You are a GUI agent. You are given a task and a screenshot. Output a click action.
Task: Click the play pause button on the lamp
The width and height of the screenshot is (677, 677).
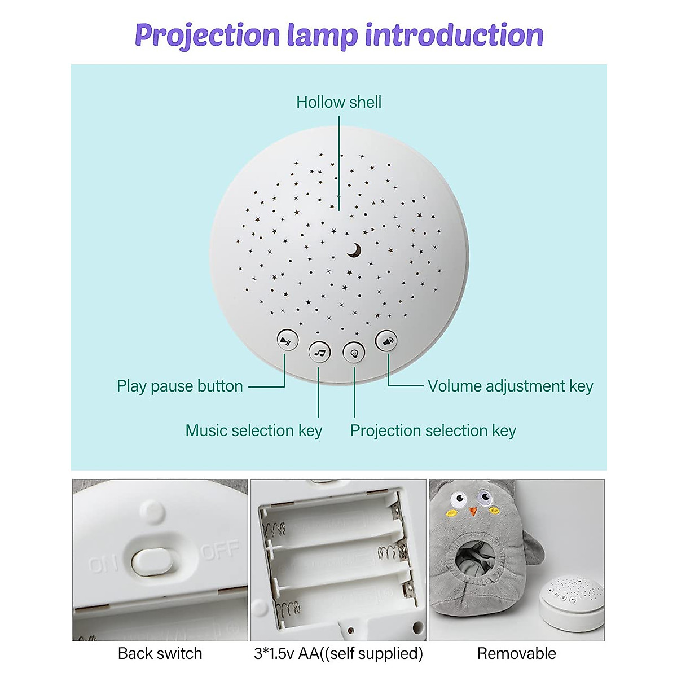tap(288, 340)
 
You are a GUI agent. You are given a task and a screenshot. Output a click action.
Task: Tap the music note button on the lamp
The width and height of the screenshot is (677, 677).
tap(320, 353)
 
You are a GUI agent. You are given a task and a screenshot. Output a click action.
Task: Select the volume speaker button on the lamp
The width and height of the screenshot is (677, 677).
tap(386, 341)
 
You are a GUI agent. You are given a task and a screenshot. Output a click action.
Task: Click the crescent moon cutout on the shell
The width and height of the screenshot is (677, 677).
tap(354, 250)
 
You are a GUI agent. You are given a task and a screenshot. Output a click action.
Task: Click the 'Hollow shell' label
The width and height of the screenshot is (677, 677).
tap(338, 102)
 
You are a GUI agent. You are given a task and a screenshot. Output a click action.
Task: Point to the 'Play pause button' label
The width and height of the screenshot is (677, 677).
tap(179, 386)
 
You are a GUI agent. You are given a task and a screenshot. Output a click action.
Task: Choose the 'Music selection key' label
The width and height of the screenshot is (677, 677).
tap(253, 430)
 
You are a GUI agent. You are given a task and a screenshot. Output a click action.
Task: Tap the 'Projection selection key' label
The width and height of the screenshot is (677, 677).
tap(433, 430)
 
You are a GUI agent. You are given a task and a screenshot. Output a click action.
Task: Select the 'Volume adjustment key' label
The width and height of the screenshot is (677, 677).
tap(510, 386)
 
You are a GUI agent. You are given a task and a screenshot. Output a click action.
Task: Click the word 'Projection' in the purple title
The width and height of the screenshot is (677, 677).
tap(207, 35)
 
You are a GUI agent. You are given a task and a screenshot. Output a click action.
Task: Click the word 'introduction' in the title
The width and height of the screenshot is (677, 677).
tap(454, 35)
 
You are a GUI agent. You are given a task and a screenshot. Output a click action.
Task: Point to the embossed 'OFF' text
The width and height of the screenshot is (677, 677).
tap(220, 550)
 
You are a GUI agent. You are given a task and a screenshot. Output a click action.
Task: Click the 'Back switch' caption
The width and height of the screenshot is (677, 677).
tap(160, 653)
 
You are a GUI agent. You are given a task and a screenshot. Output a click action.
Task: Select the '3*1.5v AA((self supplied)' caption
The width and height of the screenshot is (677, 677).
tap(338, 653)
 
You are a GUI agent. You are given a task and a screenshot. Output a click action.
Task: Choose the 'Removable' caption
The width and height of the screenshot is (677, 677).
tap(516, 653)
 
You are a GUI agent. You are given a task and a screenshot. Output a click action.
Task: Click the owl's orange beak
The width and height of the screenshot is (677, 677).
tap(473, 511)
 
